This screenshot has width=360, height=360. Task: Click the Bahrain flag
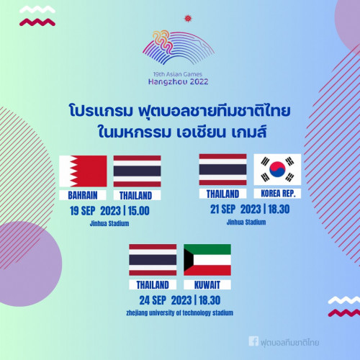click(x=83, y=171)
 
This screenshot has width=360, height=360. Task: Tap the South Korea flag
click(x=277, y=169)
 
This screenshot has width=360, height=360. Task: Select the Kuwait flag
click(x=207, y=260)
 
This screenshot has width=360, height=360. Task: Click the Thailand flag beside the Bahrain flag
click(x=137, y=171)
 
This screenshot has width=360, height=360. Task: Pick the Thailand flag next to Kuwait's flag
click(x=153, y=260)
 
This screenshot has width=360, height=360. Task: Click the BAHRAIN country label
click(x=83, y=195)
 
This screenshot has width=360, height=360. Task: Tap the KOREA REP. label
click(x=278, y=194)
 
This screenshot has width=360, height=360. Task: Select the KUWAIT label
click(x=207, y=285)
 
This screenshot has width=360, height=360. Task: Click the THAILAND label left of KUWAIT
click(x=153, y=285)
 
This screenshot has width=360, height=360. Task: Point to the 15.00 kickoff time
click(x=139, y=211)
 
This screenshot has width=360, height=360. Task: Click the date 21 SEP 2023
click(x=235, y=210)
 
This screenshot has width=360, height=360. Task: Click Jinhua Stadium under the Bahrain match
click(x=109, y=224)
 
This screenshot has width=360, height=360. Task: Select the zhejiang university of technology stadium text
click(x=180, y=313)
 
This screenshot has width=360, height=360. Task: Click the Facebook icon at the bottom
click(x=253, y=341)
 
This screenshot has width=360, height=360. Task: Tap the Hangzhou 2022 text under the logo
click(x=179, y=82)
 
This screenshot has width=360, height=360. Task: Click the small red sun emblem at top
click(x=188, y=18)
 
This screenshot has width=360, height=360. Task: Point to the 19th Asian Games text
click(x=178, y=74)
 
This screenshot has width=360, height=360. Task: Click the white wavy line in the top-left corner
click(x=37, y=10)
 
